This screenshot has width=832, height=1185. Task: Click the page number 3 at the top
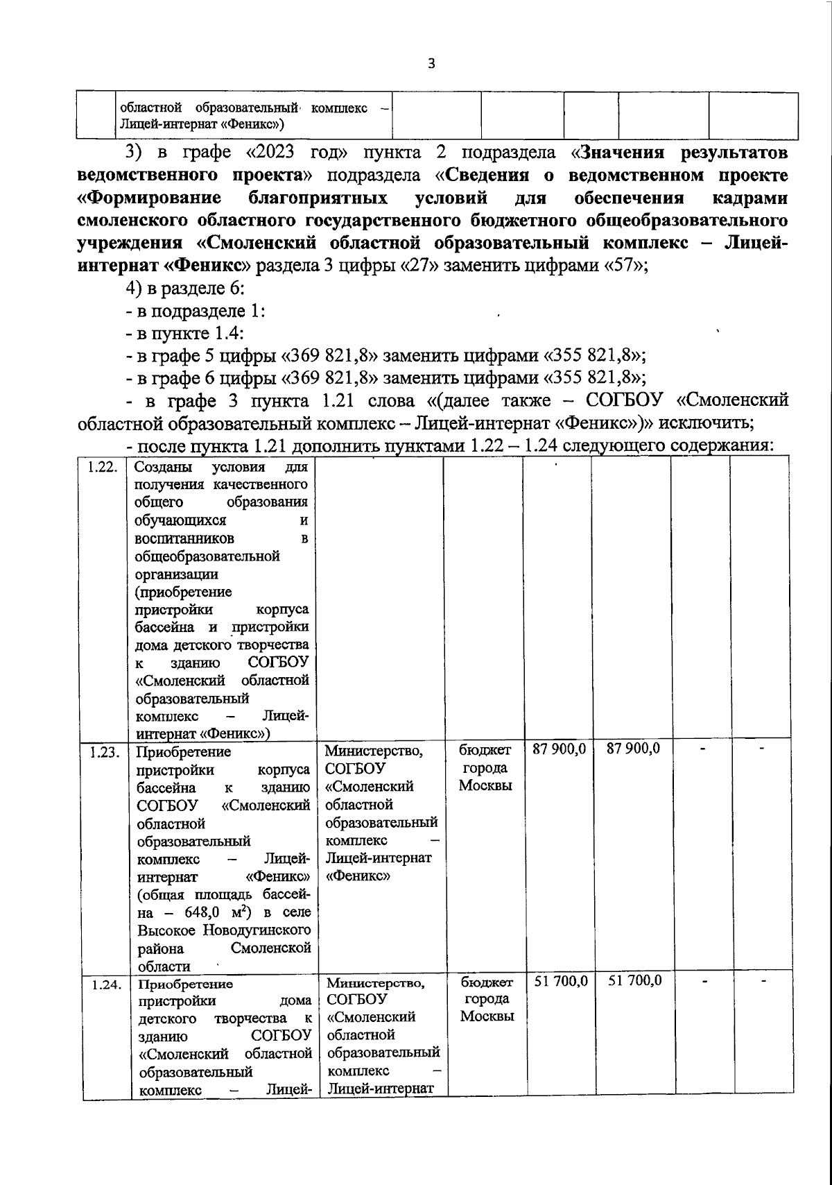click(x=431, y=64)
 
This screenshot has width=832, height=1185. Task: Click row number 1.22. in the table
click(x=101, y=467)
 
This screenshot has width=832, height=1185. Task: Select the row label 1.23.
click(x=104, y=751)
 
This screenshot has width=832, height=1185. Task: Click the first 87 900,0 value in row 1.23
click(x=559, y=749)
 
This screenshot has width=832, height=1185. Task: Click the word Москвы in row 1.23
click(x=485, y=785)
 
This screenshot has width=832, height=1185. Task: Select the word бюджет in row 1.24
click(x=487, y=982)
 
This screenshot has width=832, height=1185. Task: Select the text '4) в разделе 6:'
click(x=183, y=289)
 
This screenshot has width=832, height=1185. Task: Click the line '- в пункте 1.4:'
click(x=184, y=334)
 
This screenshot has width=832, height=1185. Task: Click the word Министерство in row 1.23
click(x=373, y=751)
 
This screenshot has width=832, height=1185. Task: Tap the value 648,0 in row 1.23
click(x=201, y=912)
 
